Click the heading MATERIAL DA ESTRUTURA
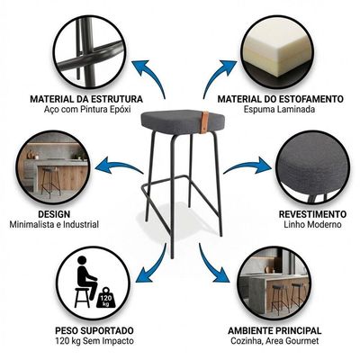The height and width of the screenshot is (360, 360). point(86,99)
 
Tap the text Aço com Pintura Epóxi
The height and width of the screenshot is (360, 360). point(87,110)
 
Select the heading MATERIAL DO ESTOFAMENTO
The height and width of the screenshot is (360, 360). point(281,99)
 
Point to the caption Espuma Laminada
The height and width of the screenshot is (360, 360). point(279,109)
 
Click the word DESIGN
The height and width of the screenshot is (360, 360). point(54,214)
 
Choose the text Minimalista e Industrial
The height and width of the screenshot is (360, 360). point(54,224)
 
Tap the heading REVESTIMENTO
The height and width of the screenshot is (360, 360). point(312,214)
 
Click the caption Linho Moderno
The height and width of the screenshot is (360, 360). point(312,224)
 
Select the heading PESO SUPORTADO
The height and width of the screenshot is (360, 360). point(94,330)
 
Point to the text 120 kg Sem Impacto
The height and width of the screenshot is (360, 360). point(94,341)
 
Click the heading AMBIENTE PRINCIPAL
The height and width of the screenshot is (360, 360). point(274,330)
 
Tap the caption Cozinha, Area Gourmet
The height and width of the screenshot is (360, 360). point(274,341)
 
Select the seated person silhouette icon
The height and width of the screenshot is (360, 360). point(85,282)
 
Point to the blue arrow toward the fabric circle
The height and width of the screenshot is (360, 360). point(247,166)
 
